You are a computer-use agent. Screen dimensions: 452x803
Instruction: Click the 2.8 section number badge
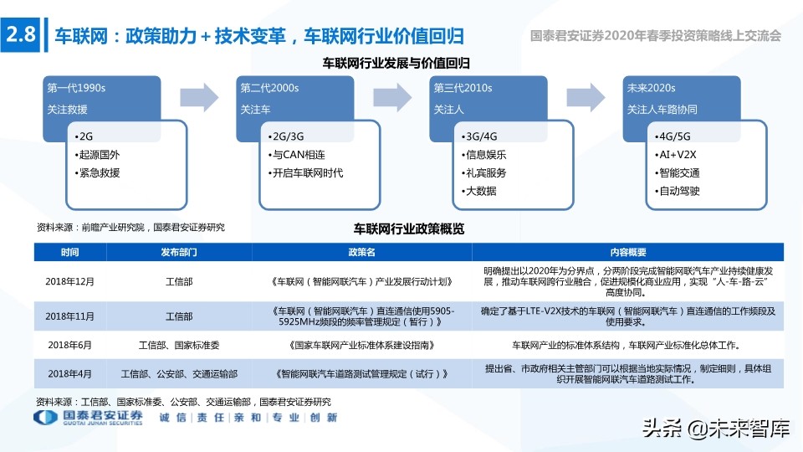pos(21,35)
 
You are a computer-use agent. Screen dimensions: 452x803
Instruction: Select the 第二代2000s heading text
pos(269,88)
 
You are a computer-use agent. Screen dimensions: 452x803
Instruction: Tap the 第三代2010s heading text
pos(462,88)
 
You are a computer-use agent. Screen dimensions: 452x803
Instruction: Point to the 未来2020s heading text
pos(651,88)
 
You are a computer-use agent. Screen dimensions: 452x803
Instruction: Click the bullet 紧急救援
pos(99,172)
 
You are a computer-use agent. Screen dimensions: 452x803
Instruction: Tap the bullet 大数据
pos(480,191)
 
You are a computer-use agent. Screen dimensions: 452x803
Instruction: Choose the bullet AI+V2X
pos(678,154)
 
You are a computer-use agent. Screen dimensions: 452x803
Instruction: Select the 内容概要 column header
pos(627,252)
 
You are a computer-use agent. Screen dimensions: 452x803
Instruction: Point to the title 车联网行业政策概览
pos(409,229)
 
